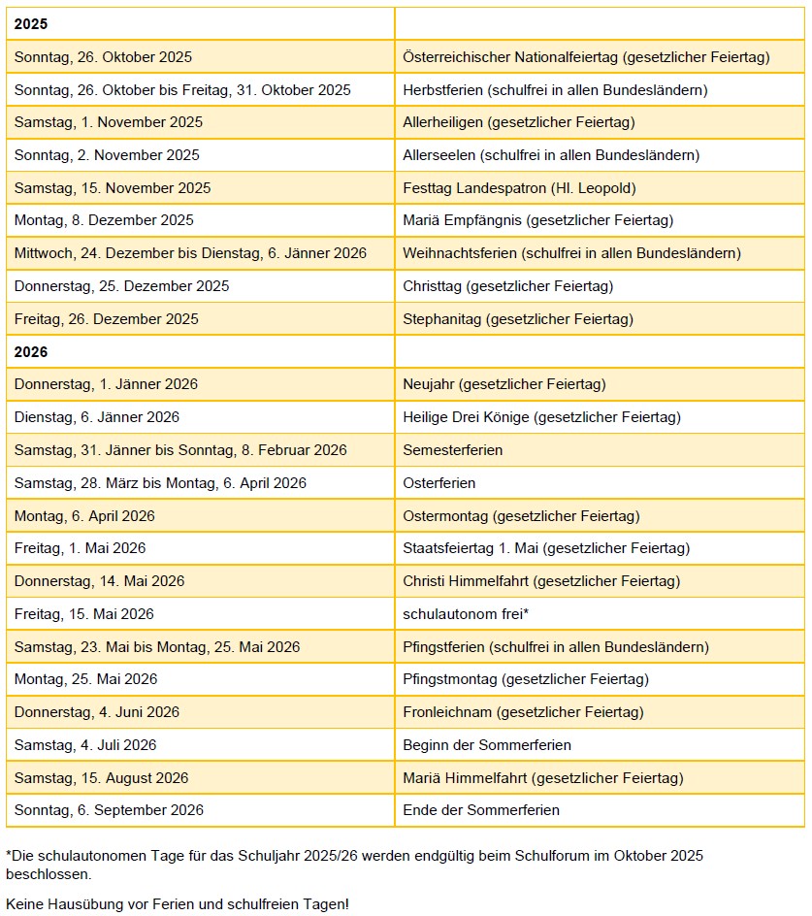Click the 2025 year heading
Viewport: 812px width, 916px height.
pyautogui.click(x=31, y=24)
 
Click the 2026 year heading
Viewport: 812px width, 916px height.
pyautogui.click(x=31, y=351)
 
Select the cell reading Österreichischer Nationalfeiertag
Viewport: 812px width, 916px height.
pyautogui.click(x=586, y=57)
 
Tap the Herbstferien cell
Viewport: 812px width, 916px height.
pyautogui.click(x=555, y=90)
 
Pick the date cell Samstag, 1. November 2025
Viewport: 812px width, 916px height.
pyautogui.click(x=109, y=122)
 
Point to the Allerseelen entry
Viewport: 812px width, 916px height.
pyautogui.click(x=551, y=155)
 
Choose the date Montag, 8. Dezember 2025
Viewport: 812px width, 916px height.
pyautogui.click(x=104, y=220)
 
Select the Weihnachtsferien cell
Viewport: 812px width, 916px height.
pyautogui.click(x=571, y=253)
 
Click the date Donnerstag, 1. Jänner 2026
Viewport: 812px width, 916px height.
pyautogui.click(x=106, y=384)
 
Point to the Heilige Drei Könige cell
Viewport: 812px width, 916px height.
pyautogui.click(x=541, y=417)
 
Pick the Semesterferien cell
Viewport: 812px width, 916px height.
pyautogui.click(x=453, y=450)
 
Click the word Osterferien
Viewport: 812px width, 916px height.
pyautogui.click(x=439, y=483)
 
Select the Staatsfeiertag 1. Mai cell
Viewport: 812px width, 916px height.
pyautogui.click(x=546, y=548)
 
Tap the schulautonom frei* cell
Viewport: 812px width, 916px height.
pyautogui.click(x=466, y=614)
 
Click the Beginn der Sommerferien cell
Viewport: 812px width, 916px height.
pyautogui.click(x=487, y=745)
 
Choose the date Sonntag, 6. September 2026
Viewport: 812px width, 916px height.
pyautogui.click(x=109, y=810)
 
